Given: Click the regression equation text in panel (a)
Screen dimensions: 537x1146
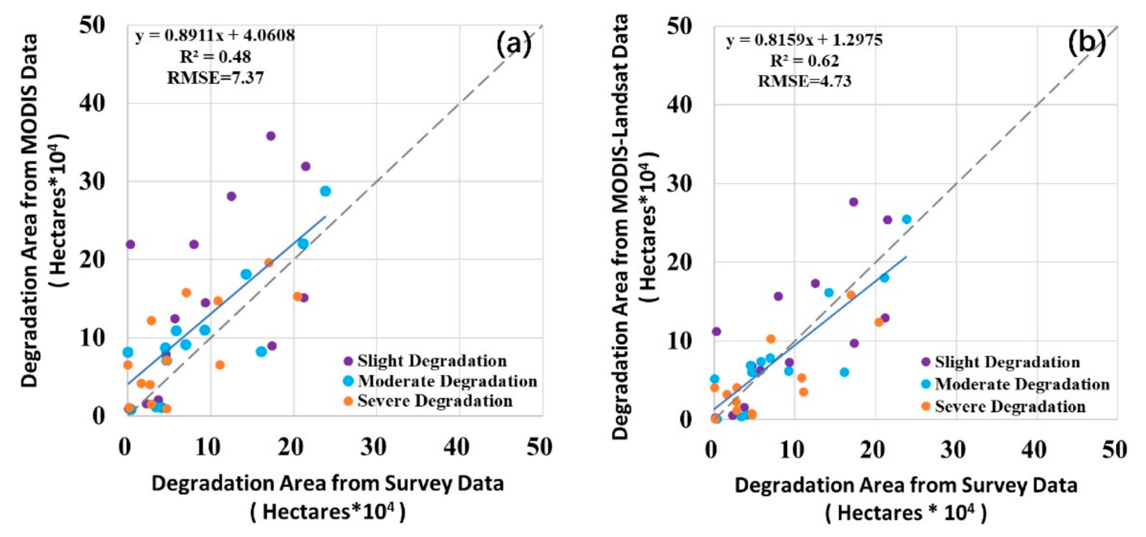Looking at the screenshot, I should [x=215, y=35].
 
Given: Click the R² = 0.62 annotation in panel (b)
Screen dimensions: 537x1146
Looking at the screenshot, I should [x=804, y=61].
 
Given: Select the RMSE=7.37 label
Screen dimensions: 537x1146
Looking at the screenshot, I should [x=215, y=78].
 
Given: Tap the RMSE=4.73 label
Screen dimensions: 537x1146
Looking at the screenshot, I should [x=804, y=81].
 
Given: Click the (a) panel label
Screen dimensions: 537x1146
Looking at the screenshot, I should [x=514, y=44].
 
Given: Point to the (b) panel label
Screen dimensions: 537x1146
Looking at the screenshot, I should [x=1086, y=44].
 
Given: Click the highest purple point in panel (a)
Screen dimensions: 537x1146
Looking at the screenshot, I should [x=271, y=136].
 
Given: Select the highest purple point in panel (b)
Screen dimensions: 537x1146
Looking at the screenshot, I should [x=854, y=202].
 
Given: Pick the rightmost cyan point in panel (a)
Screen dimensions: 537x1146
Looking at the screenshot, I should [x=325, y=191].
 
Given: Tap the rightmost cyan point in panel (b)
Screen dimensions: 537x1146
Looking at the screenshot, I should [x=906, y=220].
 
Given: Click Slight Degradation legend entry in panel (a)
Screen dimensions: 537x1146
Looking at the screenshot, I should [x=431, y=361].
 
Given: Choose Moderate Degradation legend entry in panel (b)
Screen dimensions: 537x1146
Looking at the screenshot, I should [x=1022, y=385].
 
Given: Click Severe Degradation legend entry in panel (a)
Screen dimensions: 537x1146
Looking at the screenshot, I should [x=434, y=401].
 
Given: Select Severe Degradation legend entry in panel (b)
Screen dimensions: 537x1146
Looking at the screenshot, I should [x=1010, y=407].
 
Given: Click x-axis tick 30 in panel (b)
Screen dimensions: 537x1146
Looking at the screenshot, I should [x=954, y=449].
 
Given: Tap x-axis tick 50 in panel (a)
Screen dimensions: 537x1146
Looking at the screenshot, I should [x=539, y=446].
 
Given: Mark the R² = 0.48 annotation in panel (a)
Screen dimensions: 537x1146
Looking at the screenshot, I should [x=215, y=57].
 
